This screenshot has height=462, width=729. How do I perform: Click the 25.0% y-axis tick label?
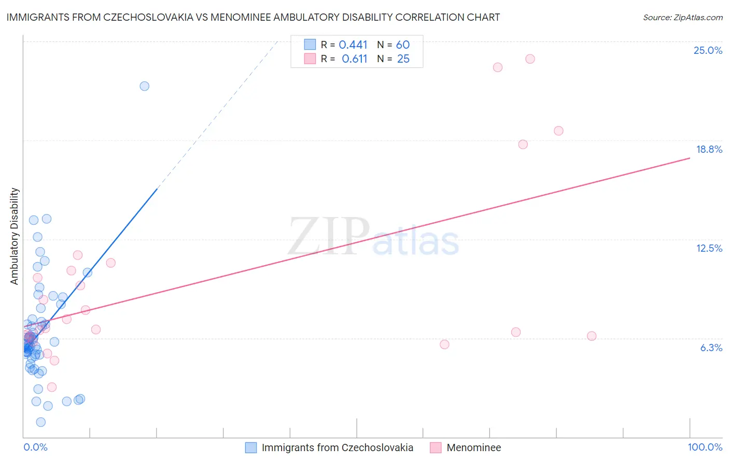click(x=708, y=50)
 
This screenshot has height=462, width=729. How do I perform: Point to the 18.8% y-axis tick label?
click(x=709, y=149)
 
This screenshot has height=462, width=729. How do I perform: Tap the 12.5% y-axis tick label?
click(x=709, y=248)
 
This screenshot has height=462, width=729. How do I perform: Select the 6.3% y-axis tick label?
click(x=711, y=348)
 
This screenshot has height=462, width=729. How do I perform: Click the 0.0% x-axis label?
click(x=35, y=447)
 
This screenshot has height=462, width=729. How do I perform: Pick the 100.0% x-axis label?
click(x=705, y=447)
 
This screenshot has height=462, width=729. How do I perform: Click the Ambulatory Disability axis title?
click(x=15, y=236)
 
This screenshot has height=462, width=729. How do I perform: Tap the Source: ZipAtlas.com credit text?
click(x=682, y=18)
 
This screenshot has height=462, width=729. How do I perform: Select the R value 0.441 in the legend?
click(x=353, y=45)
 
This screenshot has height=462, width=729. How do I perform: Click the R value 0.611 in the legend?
click(x=354, y=59)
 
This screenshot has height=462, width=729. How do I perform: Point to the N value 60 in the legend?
click(x=403, y=45)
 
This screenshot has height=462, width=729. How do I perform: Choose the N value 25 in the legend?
click(x=403, y=59)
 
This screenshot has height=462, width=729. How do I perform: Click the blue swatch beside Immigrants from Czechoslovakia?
click(x=251, y=447)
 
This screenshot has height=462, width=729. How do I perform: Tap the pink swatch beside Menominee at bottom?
click(x=436, y=447)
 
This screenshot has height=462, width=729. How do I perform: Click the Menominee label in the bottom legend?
click(x=473, y=447)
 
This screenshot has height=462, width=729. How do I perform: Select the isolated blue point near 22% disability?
click(x=145, y=86)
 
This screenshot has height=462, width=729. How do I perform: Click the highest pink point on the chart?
click(x=530, y=59)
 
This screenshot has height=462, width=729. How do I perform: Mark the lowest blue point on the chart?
click(x=41, y=422)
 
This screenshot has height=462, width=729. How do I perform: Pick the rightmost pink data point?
click(x=592, y=336)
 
